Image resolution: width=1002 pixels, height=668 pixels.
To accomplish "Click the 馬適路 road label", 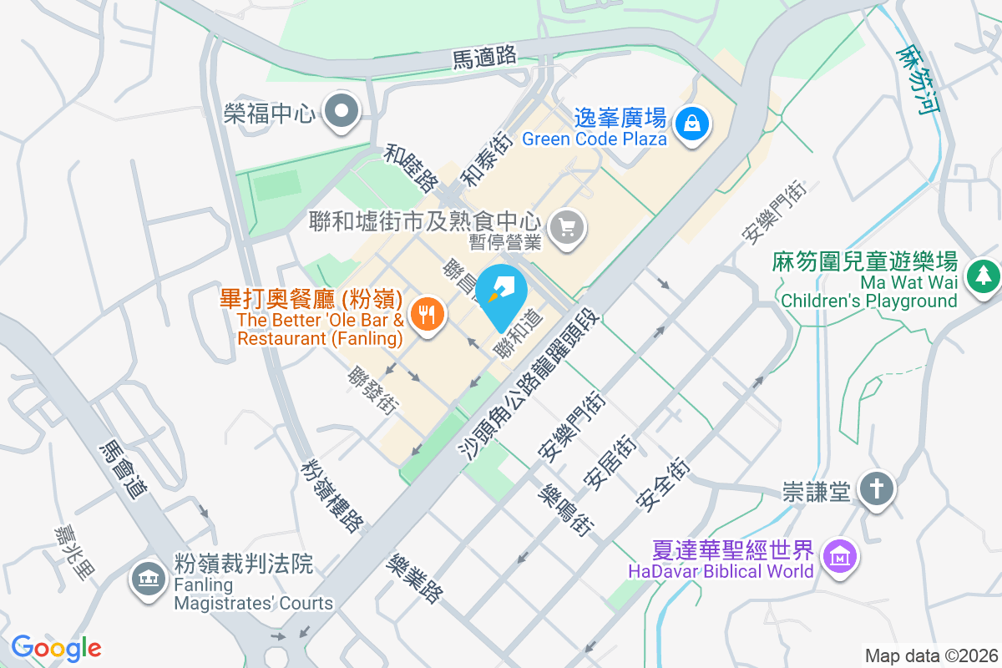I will point(484,58).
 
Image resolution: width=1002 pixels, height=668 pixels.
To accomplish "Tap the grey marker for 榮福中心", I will point(341,111).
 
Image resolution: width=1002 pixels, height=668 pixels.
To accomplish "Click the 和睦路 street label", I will point(412,167).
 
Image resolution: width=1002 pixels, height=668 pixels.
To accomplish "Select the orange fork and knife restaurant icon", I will point(428,315).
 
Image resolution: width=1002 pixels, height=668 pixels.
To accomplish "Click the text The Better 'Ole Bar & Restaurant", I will point(321,330).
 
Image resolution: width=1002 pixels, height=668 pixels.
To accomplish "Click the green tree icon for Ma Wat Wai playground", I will point(982,275).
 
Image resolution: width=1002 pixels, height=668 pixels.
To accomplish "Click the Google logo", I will point(56,648).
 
